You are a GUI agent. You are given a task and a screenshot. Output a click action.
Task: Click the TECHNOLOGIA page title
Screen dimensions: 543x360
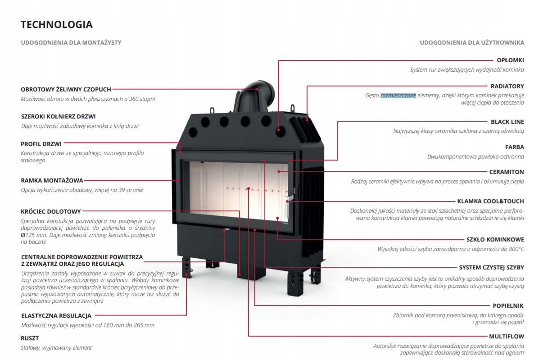57,24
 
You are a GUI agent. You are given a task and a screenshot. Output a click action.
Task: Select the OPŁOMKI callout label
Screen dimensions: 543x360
510,60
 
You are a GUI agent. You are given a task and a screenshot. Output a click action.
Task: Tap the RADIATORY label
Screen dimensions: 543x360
507,87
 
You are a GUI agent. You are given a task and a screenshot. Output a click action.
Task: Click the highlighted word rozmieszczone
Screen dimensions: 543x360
398,96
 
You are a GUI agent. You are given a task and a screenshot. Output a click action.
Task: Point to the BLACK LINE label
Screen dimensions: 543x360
507,122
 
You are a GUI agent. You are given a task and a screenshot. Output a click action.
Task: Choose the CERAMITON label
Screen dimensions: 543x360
507,172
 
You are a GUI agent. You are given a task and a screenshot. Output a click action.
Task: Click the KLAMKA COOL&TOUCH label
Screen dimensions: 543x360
491,201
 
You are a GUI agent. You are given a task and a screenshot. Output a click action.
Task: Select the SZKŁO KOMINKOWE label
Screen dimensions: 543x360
495,240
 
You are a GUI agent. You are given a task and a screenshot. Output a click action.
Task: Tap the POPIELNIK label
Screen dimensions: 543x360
508,305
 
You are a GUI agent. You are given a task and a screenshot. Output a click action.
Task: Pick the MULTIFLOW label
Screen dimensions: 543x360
507,337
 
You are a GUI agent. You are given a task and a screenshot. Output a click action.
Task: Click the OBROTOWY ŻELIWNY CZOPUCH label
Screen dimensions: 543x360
66,89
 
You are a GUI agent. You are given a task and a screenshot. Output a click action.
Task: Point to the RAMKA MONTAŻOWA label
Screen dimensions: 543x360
52,181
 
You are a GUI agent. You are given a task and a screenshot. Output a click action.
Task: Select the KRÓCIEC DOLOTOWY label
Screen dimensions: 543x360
51,211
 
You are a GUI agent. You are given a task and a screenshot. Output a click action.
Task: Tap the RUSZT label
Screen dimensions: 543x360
30,338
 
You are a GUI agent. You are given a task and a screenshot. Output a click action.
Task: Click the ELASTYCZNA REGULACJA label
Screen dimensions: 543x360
56,315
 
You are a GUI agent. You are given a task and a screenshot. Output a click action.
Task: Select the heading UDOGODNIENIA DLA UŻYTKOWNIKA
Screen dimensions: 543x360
472,43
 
